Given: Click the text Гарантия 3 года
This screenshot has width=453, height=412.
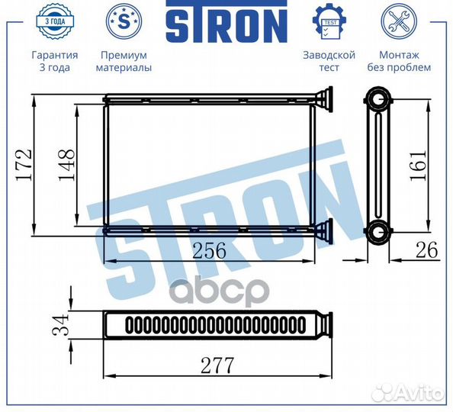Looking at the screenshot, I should pos(54,61).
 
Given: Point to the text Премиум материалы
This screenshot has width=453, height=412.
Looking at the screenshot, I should pos(124,61).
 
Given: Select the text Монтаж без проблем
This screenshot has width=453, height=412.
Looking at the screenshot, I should pos(404,61).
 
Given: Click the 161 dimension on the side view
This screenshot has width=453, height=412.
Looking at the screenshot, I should pos(418,163).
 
